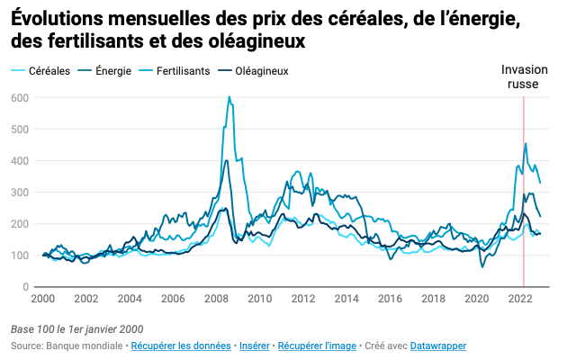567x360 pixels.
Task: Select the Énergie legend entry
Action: [x=112, y=71]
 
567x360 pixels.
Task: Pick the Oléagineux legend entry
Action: [x=261, y=71]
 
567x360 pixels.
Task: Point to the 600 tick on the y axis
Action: [x=20, y=98]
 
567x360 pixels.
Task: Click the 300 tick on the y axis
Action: [x=20, y=193]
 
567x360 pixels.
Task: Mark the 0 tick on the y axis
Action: [x=25, y=287]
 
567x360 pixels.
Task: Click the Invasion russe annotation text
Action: [x=522, y=76]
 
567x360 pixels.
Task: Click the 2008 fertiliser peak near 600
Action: [x=229, y=97]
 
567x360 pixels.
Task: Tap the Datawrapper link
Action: [x=436, y=346]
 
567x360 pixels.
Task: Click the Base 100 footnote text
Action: [x=76, y=328]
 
